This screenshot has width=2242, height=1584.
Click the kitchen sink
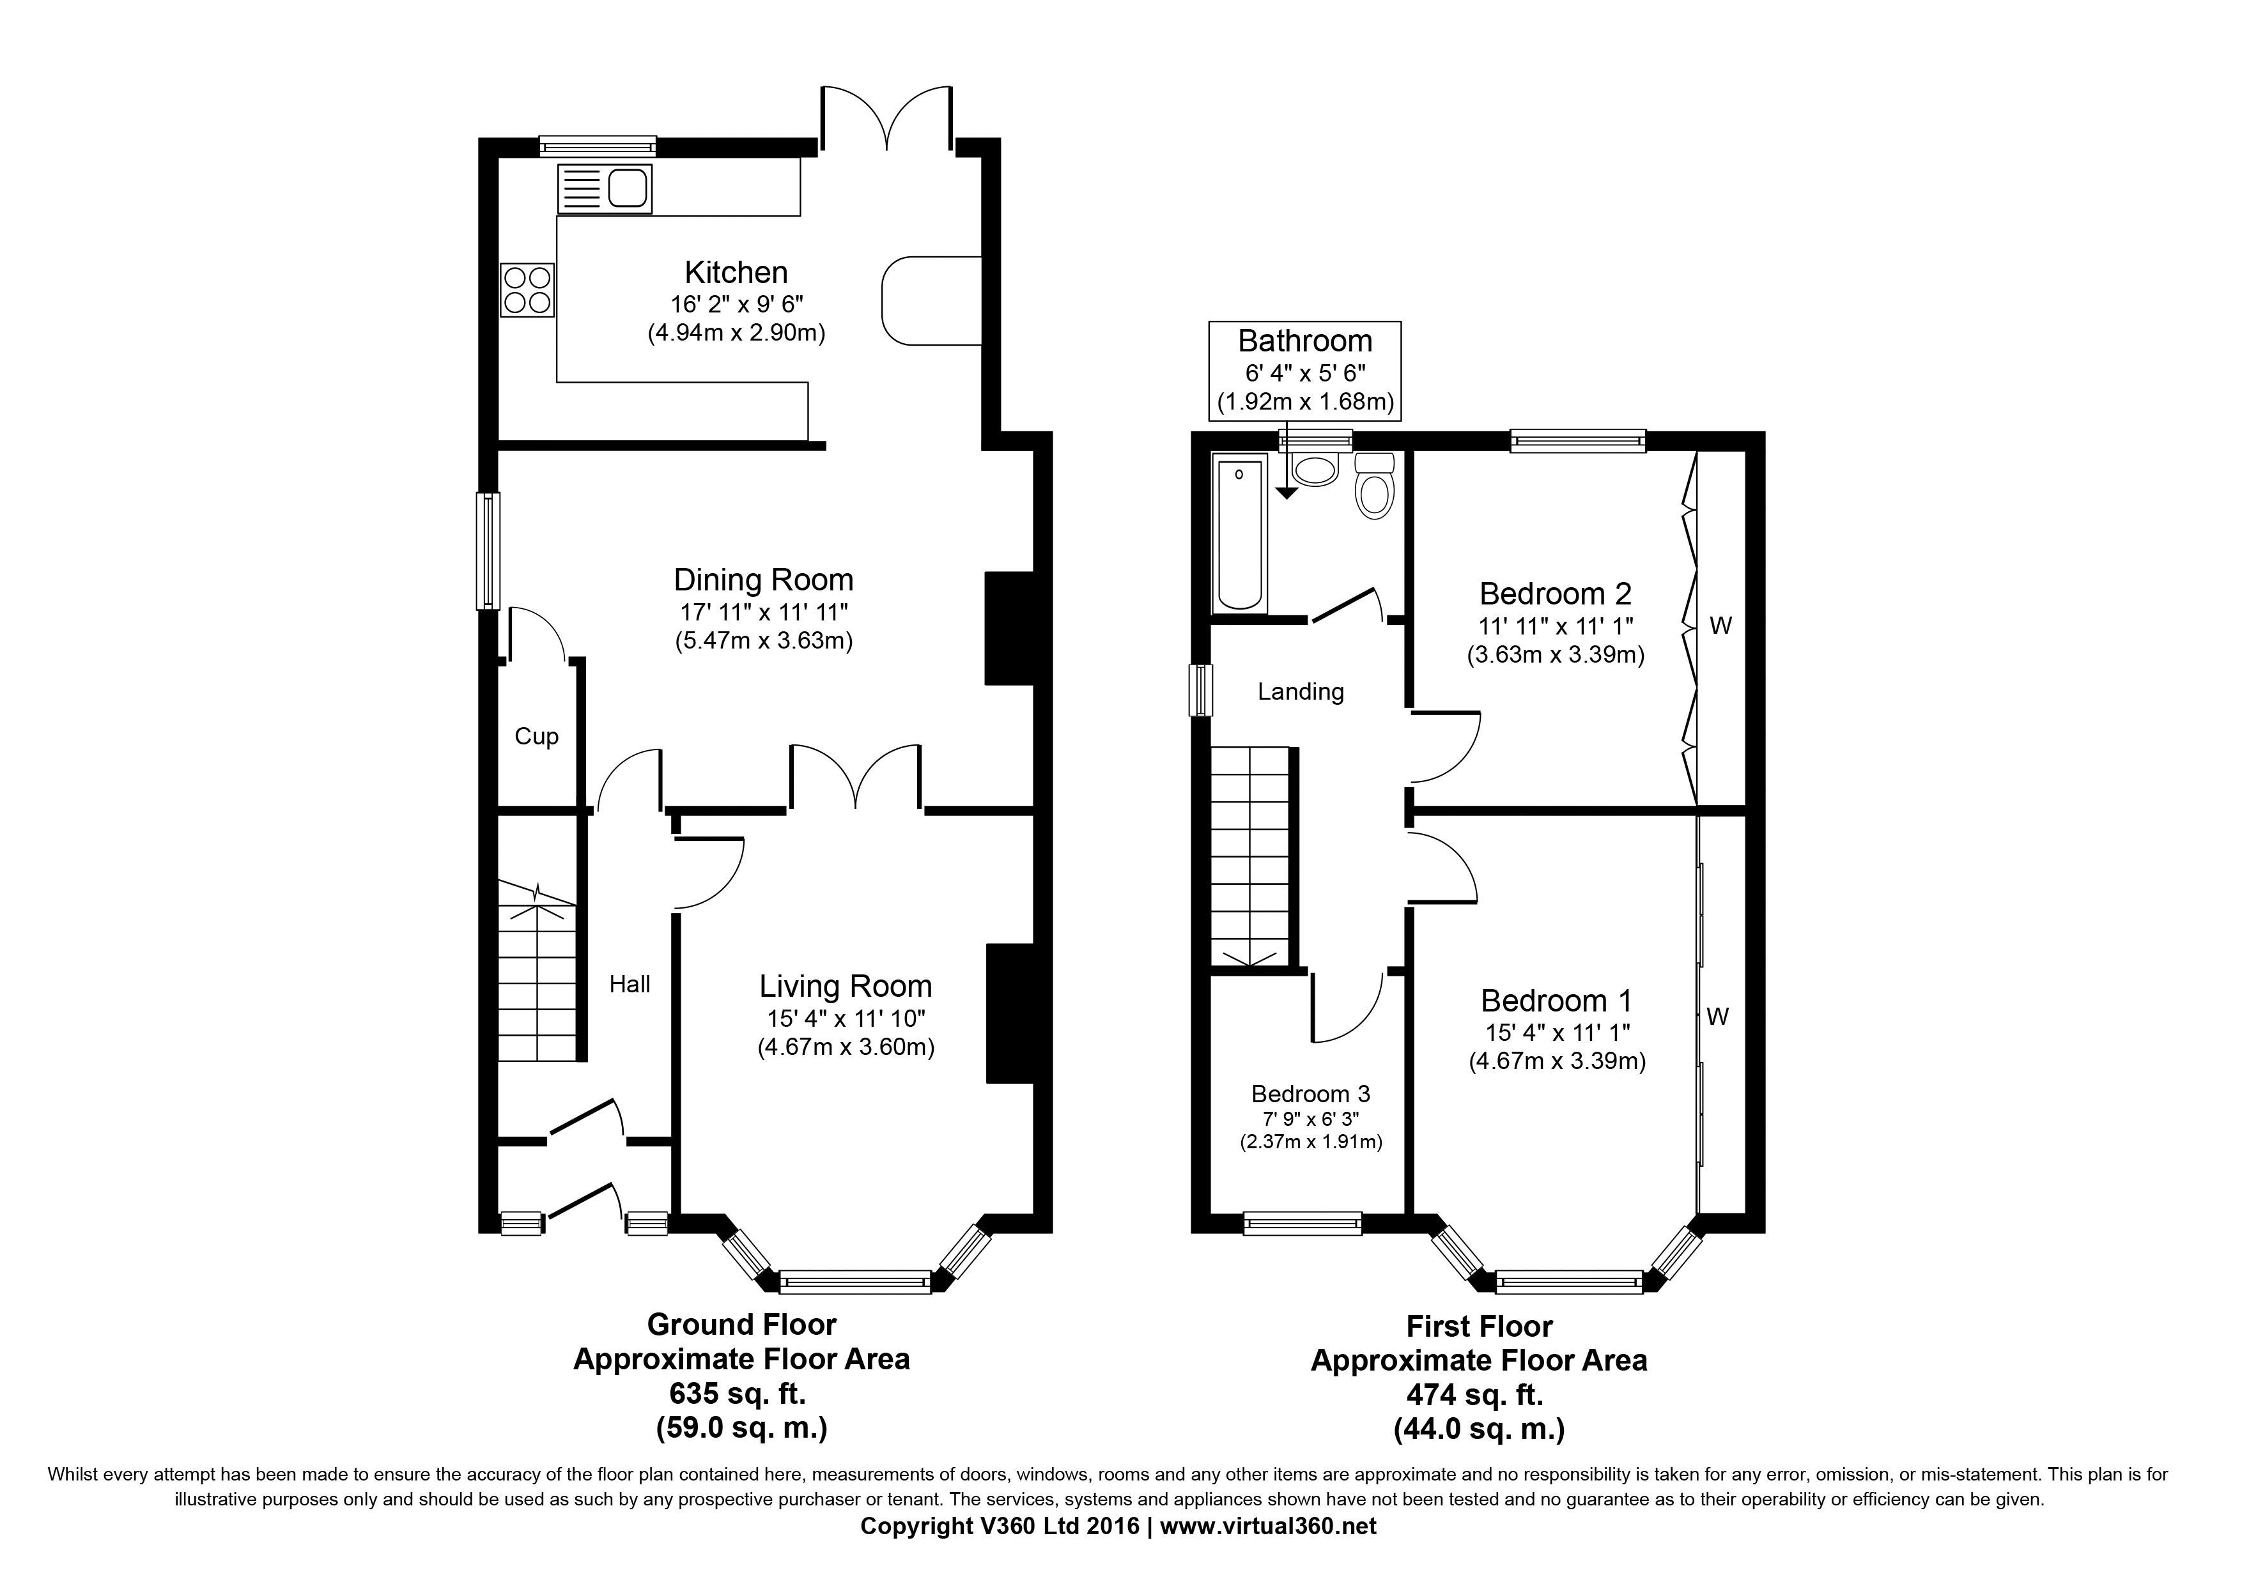coord(605,188)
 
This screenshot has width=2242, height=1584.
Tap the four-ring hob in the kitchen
coord(527,290)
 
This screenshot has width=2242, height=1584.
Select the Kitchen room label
coord(736,272)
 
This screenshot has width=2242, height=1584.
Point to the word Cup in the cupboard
coord(536,737)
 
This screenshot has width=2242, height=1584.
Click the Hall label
coord(630,984)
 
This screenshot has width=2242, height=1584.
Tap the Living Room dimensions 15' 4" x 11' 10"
coord(846,1019)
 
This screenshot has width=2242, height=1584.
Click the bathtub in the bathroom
coord(1239,535)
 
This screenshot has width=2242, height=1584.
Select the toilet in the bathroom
coord(1375,486)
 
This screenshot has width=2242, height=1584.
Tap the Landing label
coord(1301,692)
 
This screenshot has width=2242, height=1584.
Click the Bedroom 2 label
coord(1556,594)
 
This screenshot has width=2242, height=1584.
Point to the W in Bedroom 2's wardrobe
coord(1720,626)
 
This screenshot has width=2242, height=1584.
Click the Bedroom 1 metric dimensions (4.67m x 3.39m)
coord(1558,1061)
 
